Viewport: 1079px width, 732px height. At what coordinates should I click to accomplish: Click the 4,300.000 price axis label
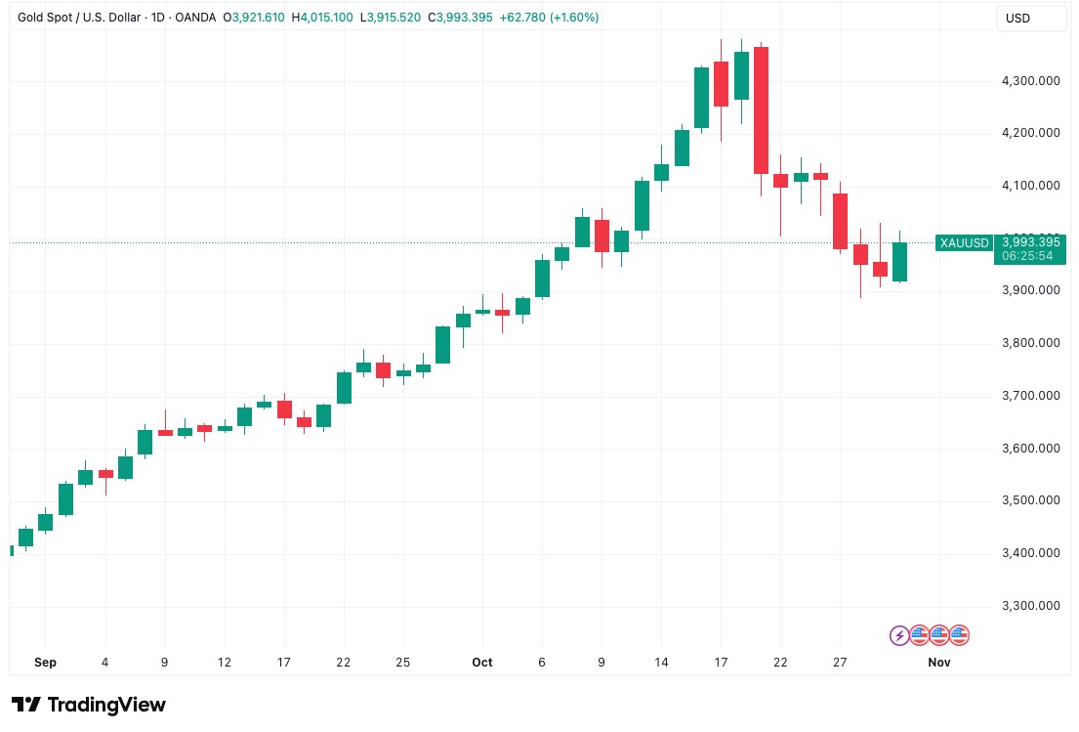(x=1031, y=80)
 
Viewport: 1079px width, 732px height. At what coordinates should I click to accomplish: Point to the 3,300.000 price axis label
(x=1031, y=606)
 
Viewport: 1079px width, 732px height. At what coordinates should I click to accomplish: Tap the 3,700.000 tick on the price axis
(x=1031, y=396)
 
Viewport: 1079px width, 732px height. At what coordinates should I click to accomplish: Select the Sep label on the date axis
(x=45, y=662)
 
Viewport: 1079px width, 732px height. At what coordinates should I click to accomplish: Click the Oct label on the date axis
(x=482, y=662)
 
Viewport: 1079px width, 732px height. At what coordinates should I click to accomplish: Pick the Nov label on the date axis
(x=939, y=662)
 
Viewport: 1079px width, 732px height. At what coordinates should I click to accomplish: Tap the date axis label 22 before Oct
(x=344, y=662)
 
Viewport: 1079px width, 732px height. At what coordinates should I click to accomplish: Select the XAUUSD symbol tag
(x=964, y=242)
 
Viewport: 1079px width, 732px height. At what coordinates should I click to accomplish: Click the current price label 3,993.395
(x=1030, y=241)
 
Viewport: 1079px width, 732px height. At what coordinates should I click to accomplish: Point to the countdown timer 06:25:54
(x=1030, y=256)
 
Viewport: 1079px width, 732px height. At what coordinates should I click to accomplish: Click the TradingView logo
(x=89, y=705)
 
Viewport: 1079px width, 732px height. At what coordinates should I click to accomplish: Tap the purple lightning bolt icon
(x=899, y=635)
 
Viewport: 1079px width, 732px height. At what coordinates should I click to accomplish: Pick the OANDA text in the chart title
(x=195, y=18)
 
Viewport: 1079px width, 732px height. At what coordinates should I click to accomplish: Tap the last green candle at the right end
(x=899, y=262)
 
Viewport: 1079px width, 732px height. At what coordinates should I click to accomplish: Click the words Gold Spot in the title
(x=47, y=18)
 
